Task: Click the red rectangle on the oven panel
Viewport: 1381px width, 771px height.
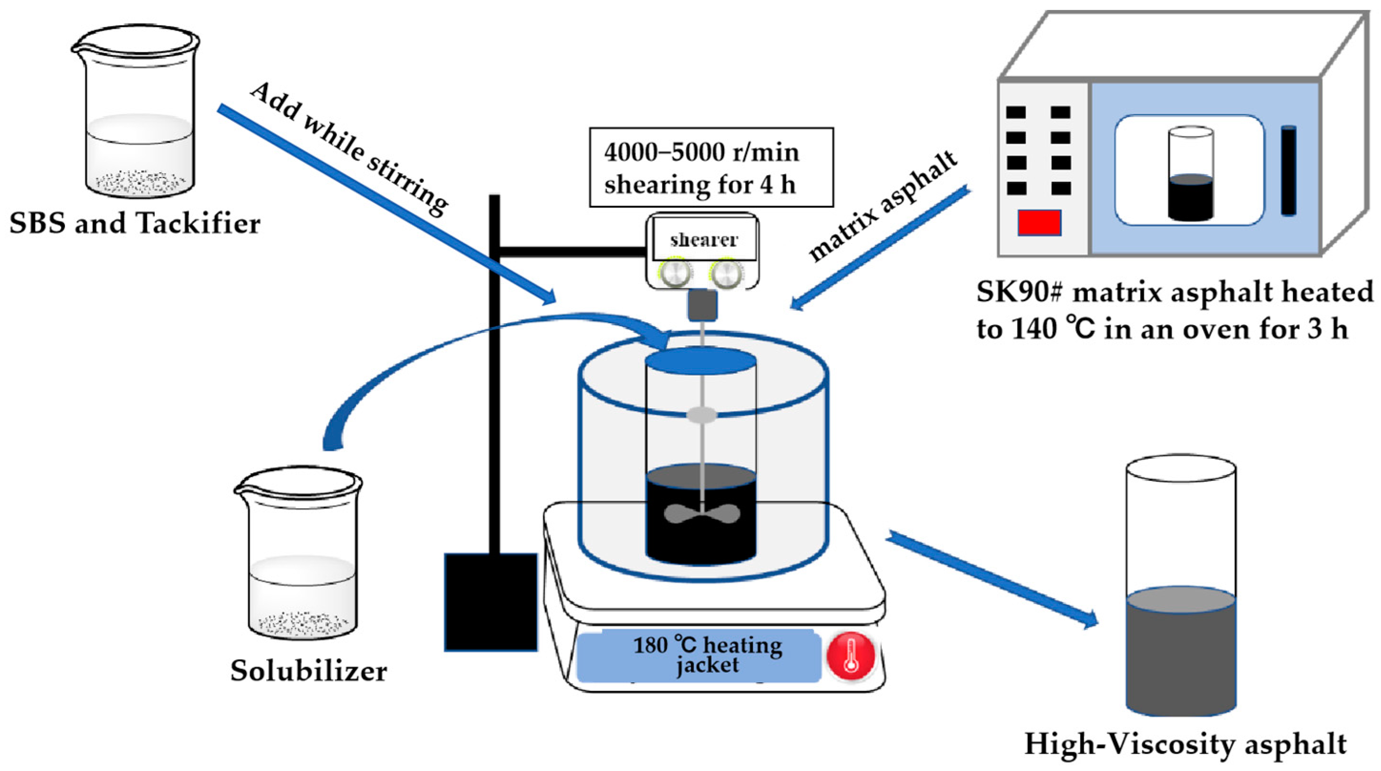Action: [1039, 222]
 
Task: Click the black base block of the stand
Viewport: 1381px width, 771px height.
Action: [490, 602]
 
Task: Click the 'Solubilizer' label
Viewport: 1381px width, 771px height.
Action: [309, 671]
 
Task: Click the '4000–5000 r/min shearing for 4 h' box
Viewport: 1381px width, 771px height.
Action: [711, 168]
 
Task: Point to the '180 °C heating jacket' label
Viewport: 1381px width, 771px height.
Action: [707, 655]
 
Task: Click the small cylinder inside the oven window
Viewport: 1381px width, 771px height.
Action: [1191, 174]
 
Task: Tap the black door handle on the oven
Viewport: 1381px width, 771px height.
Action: [1288, 170]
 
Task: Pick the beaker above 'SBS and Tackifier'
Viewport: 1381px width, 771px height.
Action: [136, 111]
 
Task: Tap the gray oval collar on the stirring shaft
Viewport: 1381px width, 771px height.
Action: [702, 414]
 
